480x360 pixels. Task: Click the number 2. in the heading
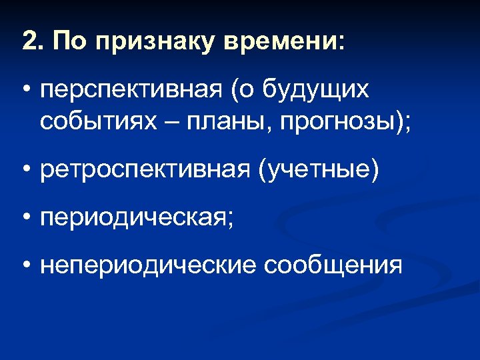32,41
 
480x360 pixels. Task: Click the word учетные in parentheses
319,171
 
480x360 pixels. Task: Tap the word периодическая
133,218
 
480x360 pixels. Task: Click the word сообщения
333,266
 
